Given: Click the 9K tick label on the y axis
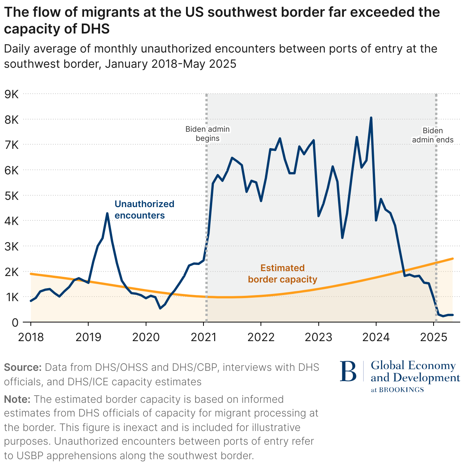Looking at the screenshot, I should [x=11, y=94].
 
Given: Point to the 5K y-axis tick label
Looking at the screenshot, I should [x=11, y=196].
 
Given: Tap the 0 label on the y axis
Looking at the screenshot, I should [x=15, y=322].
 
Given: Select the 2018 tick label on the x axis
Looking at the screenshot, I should [x=31, y=337].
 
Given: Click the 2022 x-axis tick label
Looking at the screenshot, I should [x=261, y=337].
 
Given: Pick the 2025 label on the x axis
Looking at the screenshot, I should [x=434, y=337].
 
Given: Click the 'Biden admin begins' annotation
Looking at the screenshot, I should [x=208, y=134].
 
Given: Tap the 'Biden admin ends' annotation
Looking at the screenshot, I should [x=433, y=135].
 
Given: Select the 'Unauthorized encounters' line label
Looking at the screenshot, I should [x=144, y=209].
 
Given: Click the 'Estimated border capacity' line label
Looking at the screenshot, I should [x=283, y=274].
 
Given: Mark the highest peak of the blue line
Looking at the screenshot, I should [x=371, y=118].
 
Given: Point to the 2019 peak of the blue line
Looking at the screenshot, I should [x=107, y=214].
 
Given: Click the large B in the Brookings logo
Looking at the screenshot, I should [x=348, y=371].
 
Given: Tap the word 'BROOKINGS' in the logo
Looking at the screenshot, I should [x=402, y=390].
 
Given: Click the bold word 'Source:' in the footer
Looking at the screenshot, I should [x=22, y=367].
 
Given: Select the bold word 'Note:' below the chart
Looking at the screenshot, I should [x=17, y=399].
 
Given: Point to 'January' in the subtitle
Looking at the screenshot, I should [x=126, y=64].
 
